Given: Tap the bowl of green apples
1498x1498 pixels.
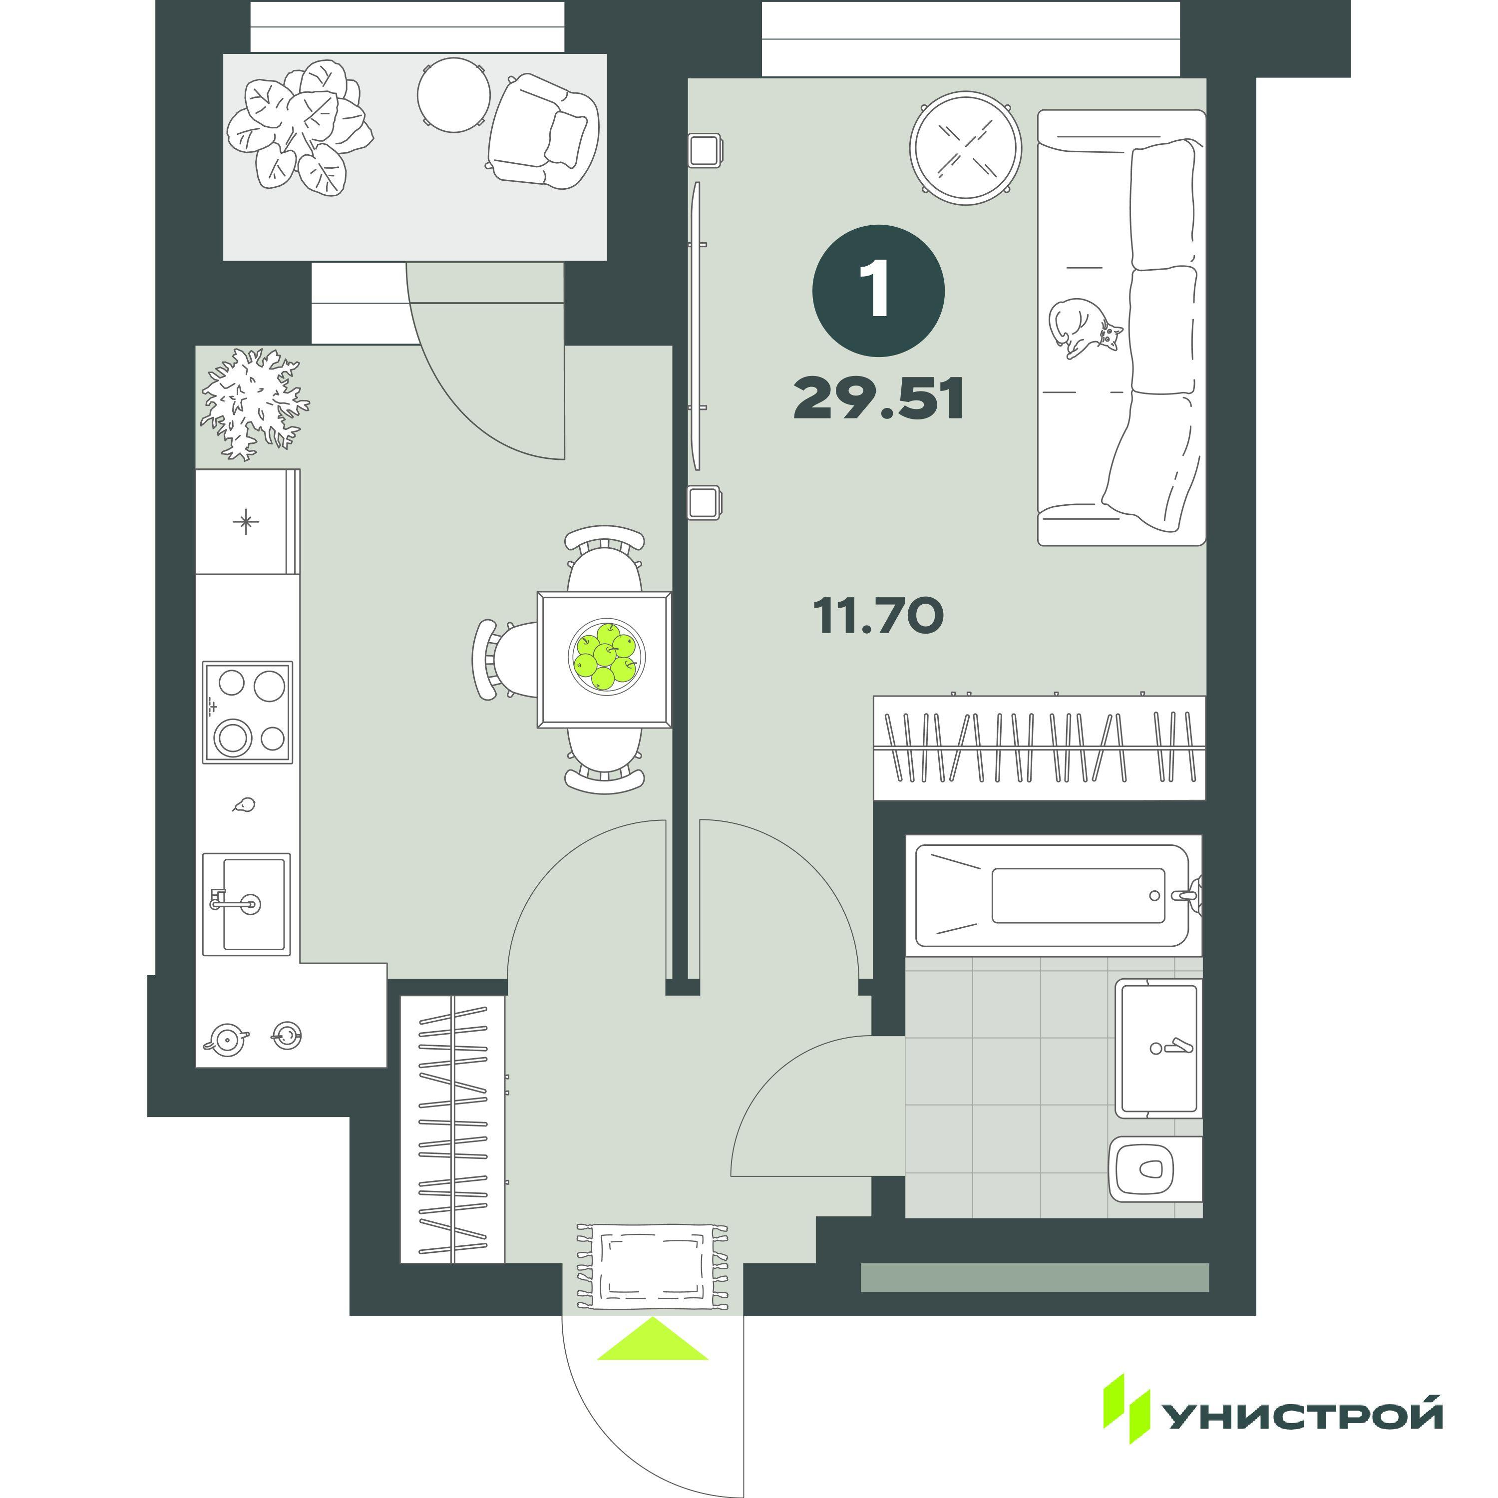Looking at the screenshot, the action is pyautogui.click(x=606, y=657).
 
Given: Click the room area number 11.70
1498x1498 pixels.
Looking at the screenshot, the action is pyautogui.click(x=878, y=616).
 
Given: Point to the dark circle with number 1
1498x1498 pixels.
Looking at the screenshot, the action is pyautogui.click(x=878, y=291).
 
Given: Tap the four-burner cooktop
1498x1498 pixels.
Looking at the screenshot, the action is pyautogui.click(x=247, y=712).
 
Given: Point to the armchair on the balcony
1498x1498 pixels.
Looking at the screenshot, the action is pyautogui.click(x=544, y=131).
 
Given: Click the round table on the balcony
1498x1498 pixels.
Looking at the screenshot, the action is pyautogui.click(x=453, y=94).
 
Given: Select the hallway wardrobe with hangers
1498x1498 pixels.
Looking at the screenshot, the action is pyautogui.click(x=453, y=1129).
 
